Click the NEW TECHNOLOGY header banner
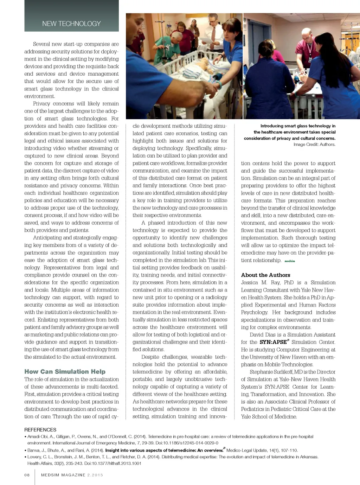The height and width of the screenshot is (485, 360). tap(71, 24)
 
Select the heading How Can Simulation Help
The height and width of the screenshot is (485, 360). tap(65, 371)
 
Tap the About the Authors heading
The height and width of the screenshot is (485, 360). tap(265, 275)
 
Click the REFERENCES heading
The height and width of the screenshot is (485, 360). tap(40, 430)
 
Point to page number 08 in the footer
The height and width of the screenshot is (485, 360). tap(27, 475)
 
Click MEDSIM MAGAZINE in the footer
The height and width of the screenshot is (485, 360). tap(63, 475)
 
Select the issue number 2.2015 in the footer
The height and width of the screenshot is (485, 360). tap(95, 475)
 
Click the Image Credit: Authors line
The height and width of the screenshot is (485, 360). tap(314, 144)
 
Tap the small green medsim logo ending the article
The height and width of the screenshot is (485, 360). tap(290, 261)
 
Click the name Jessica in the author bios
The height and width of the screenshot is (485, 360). tap(250, 282)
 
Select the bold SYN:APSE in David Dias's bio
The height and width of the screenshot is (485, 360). tap(273, 342)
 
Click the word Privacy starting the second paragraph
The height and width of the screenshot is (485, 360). tap(41, 104)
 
